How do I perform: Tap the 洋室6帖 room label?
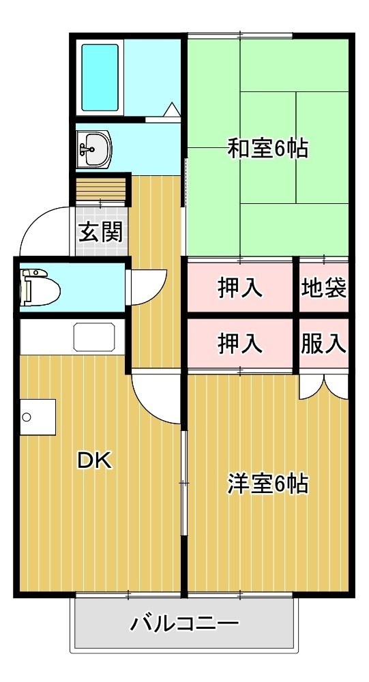coord(268,484)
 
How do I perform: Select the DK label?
coord(95,460)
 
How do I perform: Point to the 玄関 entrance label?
coord(100,233)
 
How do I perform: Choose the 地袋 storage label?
coord(324,288)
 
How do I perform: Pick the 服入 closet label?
coord(324,344)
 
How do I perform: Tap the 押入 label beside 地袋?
coord(240,288)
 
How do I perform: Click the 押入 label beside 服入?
coord(240,344)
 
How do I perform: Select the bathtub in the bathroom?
coord(100,78)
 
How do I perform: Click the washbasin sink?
coord(94,149)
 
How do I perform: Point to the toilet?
coord(40,288)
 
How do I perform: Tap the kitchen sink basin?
coord(94,337)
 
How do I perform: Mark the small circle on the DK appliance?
coord(27,417)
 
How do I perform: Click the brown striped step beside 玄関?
coord(101,189)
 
